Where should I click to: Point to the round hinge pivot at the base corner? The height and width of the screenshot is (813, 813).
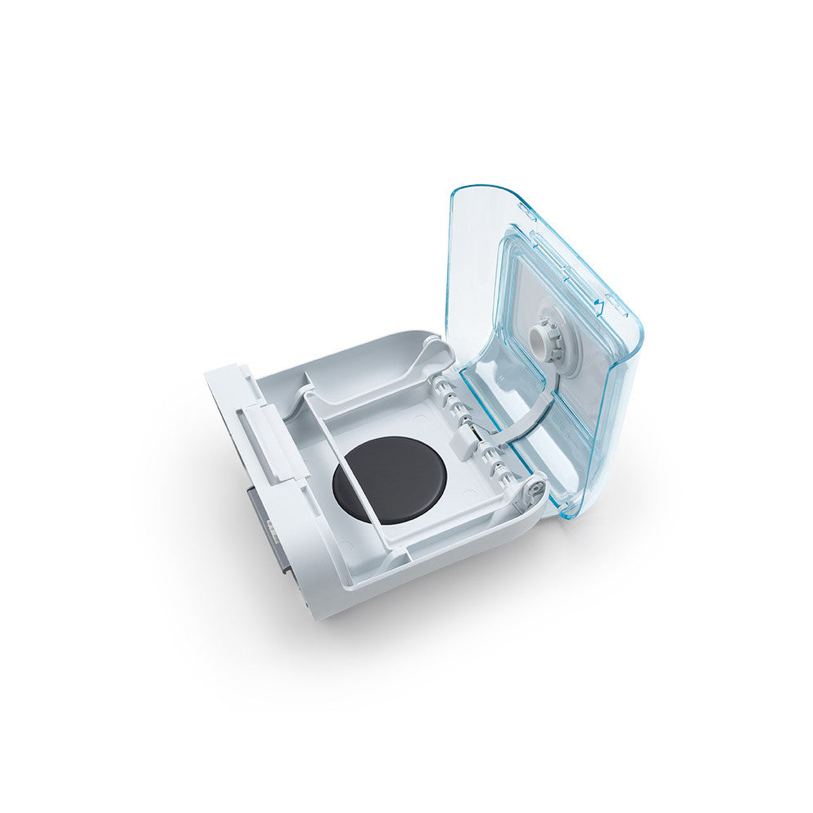point(535,489)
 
